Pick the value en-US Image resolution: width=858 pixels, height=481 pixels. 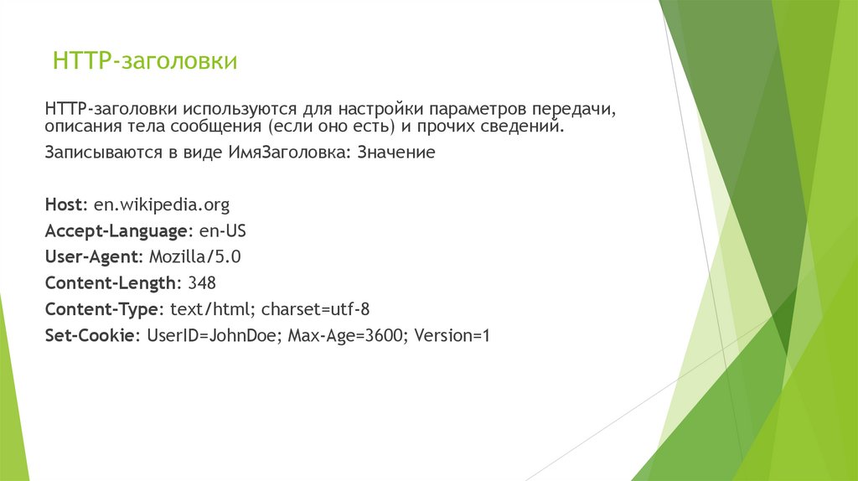pos(223,230)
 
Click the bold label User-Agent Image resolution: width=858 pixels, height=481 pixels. pos(94,256)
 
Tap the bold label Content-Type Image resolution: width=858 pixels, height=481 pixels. pos(101,309)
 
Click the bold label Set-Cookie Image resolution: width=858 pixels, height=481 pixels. pos(91,336)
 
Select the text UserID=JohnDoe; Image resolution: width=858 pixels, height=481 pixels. pos(214,336)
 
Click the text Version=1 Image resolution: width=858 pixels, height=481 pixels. pos(452,336)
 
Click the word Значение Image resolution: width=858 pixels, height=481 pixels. pos(396,154)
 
